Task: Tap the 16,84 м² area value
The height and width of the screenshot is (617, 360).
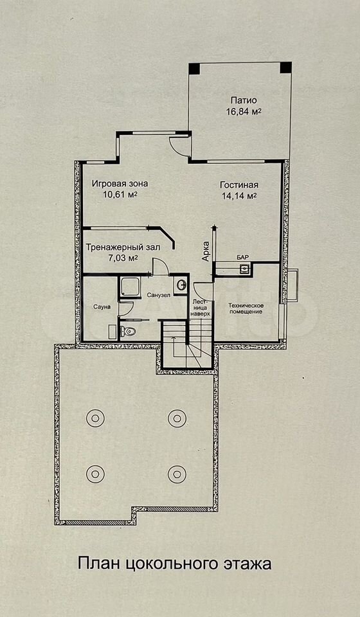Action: click(x=244, y=111)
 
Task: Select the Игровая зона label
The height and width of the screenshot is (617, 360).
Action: click(x=120, y=183)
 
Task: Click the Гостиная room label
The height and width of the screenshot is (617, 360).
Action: click(x=239, y=185)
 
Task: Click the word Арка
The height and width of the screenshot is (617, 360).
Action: click(x=205, y=251)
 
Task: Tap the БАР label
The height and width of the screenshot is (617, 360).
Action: click(x=243, y=257)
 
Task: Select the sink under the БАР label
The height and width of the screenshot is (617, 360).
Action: click(x=245, y=269)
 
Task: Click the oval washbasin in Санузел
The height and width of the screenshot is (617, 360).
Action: click(x=181, y=285)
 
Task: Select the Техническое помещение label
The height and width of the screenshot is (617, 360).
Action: click(x=247, y=308)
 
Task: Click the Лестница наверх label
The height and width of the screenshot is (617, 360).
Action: click(x=202, y=308)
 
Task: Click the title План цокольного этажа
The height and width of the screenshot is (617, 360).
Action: click(x=175, y=564)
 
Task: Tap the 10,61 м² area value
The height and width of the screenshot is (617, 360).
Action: click(x=120, y=194)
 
